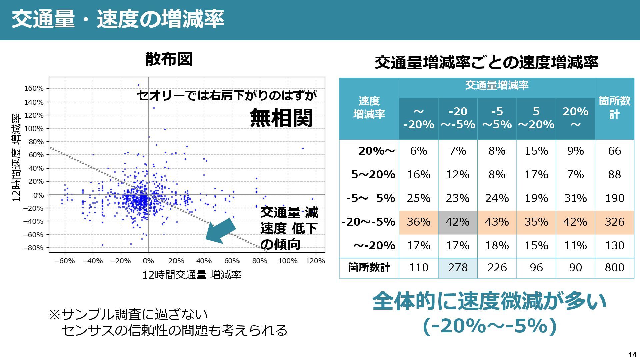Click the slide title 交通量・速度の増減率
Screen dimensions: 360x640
[x=118, y=19]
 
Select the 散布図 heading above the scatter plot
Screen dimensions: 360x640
[x=169, y=60]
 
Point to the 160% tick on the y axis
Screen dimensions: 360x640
[x=34, y=89]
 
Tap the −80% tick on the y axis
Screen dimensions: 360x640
[x=33, y=248]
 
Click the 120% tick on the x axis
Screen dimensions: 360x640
[x=315, y=261]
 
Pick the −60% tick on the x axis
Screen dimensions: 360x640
[x=65, y=261]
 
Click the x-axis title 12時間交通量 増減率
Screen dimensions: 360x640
[x=191, y=275]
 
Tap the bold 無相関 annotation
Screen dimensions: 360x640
[x=281, y=118]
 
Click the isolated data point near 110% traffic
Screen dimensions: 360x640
[x=303, y=148]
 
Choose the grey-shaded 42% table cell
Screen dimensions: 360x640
[x=458, y=222]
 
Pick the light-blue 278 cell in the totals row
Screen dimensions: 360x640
[x=458, y=267]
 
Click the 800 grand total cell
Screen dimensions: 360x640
[x=614, y=267]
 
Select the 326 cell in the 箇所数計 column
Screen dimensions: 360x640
[x=614, y=222]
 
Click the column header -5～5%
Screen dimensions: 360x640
[x=497, y=118]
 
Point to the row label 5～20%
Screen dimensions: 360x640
[x=373, y=175]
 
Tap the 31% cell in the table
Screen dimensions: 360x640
[x=575, y=198]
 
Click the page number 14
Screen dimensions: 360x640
[x=632, y=355]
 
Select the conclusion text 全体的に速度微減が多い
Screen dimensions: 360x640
[x=489, y=301]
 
